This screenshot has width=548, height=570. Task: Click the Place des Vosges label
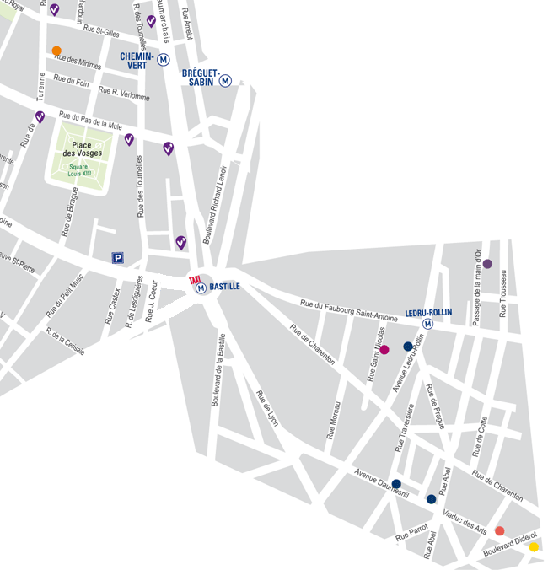click(x=81, y=149)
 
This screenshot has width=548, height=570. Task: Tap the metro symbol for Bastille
click(x=201, y=288)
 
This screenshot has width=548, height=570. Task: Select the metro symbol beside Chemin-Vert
click(x=164, y=60)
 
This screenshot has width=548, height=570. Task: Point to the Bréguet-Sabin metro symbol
click(x=226, y=81)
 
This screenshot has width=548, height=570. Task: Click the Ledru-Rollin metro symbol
click(x=428, y=324)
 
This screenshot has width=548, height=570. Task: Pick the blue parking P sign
click(x=118, y=259)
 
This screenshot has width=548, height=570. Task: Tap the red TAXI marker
click(x=195, y=279)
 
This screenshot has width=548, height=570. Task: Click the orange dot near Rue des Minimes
click(x=56, y=51)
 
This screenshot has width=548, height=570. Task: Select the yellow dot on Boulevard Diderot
click(x=534, y=546)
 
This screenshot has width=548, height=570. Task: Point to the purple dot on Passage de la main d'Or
click(x=487, y=264)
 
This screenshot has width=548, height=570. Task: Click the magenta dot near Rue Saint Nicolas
click(x=384, y=349)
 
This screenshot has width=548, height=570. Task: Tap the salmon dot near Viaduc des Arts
click(x=499, y=530)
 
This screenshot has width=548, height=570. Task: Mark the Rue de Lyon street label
click(x=267, y=408)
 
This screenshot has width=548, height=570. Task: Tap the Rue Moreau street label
click(x=334, y=420)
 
